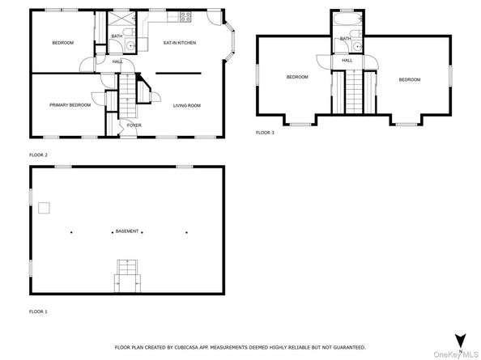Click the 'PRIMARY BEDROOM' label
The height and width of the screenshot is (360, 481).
(69, 105)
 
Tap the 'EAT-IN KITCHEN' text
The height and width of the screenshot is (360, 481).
(180, 43)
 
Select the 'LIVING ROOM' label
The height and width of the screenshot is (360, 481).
(187, 105)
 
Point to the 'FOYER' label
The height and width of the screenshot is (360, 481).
(133, 125)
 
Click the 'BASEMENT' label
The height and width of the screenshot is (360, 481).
(126, 231)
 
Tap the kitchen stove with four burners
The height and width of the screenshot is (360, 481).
(185, 17)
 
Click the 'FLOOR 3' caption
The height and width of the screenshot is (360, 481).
(266, 132)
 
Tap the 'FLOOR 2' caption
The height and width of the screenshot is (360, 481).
(39, 154)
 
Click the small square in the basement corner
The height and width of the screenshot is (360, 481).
(44, 208)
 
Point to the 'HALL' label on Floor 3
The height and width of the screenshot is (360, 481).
(347, 61)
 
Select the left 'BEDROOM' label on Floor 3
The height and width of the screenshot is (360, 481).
(297, 77)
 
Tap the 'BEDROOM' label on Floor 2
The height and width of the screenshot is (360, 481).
(63, 43)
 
